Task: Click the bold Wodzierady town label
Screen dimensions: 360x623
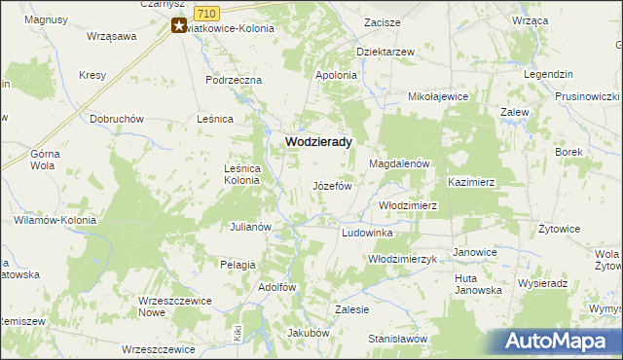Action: point(317,141)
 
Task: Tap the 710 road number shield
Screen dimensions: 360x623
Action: point(205,12)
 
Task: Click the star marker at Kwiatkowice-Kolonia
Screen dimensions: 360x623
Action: point(179,26)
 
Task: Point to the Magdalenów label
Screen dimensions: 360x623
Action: point(399,164)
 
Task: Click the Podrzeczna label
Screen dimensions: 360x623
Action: point(235,80)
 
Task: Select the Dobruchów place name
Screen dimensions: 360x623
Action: point(117,119)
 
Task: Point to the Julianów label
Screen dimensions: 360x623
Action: point(249,227)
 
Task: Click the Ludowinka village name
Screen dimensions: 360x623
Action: point(367,234)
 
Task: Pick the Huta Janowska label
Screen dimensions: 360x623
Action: point(478,284)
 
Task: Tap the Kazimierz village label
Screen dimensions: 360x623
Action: point(472,182)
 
